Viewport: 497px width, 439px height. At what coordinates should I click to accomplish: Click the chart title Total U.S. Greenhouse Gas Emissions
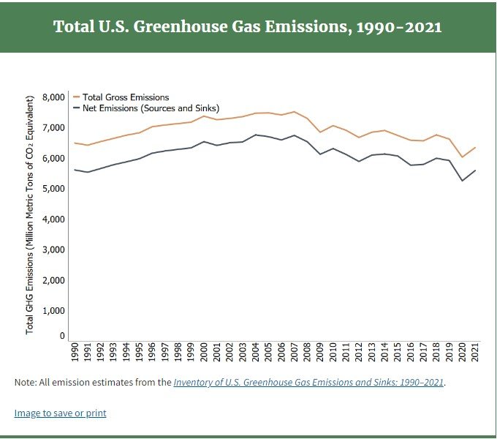coord(248,26)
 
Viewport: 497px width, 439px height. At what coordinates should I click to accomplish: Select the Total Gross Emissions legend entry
coord(126,97)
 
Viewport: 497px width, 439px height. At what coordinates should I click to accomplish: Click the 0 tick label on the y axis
coord(63,337)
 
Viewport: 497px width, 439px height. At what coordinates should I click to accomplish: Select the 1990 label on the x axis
coord(74,353)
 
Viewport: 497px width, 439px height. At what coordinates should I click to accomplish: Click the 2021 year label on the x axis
coord(476,353)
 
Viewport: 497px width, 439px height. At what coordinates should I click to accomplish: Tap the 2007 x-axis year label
coord(295,353)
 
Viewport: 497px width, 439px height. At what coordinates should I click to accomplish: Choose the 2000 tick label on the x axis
coord(204,353)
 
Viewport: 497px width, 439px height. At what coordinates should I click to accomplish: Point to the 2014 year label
coord(385,353)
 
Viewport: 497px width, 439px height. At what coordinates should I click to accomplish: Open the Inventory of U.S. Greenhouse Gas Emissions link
coord(308,382)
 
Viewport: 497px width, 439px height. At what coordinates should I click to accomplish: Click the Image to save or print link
coord(60,413)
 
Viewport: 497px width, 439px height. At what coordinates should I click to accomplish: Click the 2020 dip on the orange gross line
coord(462,157)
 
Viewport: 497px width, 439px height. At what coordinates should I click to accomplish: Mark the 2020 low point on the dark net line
coord(462,180)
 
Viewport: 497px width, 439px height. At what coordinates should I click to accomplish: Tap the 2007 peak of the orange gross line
coord(295,112)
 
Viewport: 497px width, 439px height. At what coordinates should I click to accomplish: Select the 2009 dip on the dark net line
coord(320,154)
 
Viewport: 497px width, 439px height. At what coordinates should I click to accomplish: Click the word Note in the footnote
coord(26,382)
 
